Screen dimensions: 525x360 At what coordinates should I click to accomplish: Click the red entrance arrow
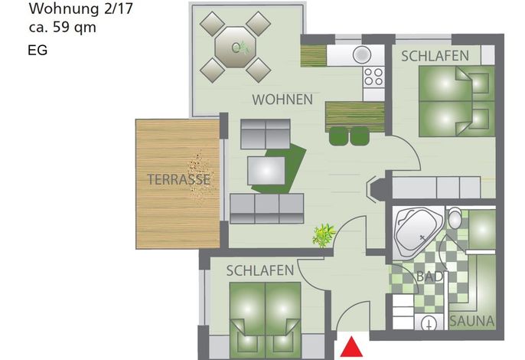click(x=351, y=347)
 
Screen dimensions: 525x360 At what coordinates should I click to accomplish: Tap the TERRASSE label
click(x=179, y=179)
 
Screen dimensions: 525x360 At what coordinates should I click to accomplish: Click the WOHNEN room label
click(x=282, y=100)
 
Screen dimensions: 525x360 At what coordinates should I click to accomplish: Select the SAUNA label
click(x=471, y=321)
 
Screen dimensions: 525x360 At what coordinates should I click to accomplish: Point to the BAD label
click(x=430, y=277)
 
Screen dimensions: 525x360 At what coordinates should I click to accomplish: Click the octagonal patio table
click(x=236, y=47)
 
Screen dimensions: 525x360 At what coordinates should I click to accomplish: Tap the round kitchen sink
click(x=361, y=54)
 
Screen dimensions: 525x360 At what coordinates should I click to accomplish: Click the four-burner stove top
click(x=373, y=77)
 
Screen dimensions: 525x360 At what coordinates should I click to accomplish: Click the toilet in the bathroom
click(x=455, y=218)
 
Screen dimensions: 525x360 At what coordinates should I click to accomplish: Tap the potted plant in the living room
click(x=324, y=235)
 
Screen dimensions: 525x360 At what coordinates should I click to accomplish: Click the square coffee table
click(x=266, y=171)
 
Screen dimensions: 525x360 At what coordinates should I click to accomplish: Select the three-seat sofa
click(x=267, y=208)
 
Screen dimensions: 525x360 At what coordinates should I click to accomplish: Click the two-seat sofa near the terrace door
click(x=265, y=134)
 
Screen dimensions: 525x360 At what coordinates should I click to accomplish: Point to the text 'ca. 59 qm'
click(x=63, y=28)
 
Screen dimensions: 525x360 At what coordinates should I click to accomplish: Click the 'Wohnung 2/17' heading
click(x=81, y=8)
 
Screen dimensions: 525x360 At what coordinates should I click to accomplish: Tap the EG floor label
click(x=37, y=51)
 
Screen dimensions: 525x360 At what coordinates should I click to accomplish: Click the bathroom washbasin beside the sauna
click(x=429, y=322)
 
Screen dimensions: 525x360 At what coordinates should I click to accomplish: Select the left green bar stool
click(x=338, y=136)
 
